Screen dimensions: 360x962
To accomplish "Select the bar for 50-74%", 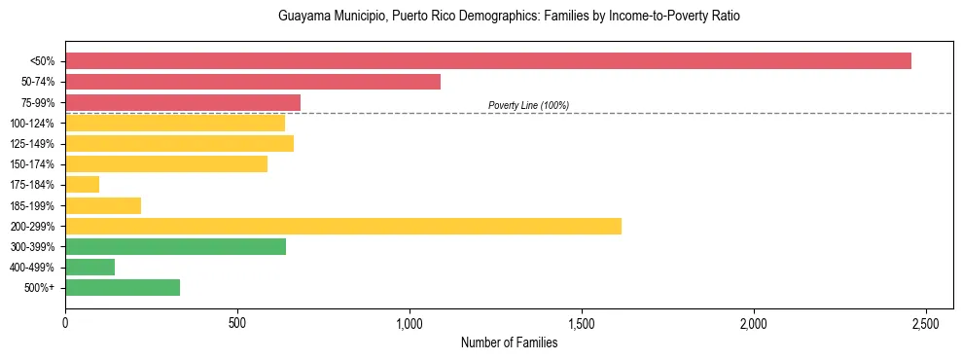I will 253,82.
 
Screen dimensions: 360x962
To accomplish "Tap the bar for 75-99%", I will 183,102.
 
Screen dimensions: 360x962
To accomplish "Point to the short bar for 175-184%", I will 83,185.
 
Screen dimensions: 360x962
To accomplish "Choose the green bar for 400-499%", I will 90,267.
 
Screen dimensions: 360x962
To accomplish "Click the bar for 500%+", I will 123,287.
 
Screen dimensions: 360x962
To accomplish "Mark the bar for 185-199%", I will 103,205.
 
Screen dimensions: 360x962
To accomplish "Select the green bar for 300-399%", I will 176,246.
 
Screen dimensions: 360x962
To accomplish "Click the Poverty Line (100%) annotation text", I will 528,105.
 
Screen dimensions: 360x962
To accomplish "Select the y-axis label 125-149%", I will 32,144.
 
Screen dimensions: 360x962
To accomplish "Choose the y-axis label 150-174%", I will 32,164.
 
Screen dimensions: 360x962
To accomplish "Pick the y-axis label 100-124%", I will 32,124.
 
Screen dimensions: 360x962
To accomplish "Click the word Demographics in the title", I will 469,17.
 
